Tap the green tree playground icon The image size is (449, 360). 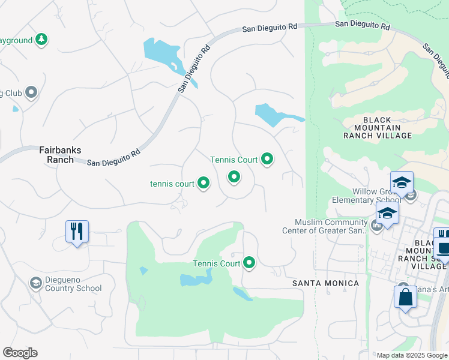41,40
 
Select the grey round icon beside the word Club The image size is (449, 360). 31,92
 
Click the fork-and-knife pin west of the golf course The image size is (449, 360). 77,231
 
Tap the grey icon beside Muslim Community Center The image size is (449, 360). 376,226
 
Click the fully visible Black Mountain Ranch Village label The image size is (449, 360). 378,127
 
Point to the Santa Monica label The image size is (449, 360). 325,283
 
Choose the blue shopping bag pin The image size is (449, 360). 405,298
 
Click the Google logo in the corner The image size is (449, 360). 20,353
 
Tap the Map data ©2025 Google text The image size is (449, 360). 412,355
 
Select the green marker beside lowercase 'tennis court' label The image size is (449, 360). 203,184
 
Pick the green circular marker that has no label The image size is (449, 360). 234,176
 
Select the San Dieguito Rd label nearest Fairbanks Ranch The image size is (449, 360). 114,158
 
